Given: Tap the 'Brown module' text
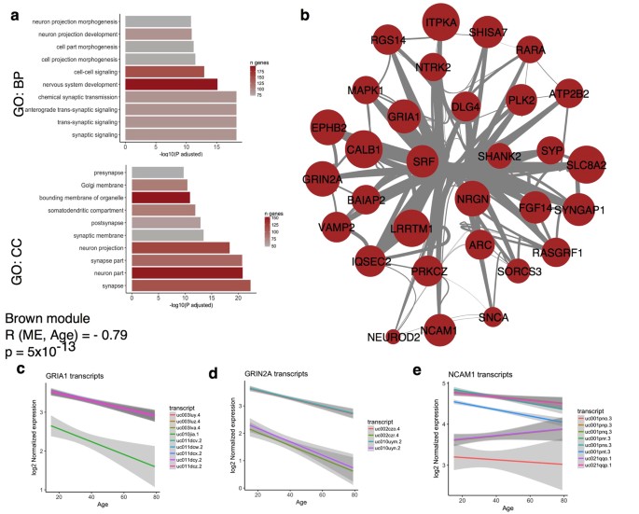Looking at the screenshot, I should coord(46,316).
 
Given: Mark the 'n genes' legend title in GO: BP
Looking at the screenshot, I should coord(258,63).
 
